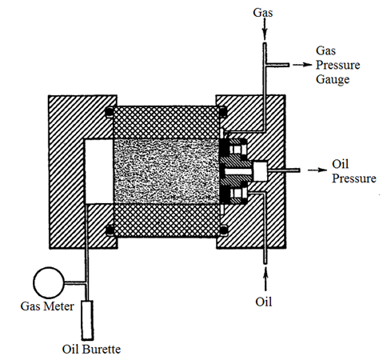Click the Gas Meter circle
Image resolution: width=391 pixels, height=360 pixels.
(x=49, y=282)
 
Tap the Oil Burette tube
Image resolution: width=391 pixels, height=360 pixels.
(x=87, y=320)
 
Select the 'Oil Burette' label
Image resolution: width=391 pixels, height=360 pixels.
(x=91, y=349)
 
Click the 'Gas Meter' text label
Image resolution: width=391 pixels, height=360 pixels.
(x=47, y=306)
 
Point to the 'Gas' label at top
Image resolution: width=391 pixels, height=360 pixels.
(x=263, y=13)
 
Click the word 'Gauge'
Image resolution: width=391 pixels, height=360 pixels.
(x=333, y=79)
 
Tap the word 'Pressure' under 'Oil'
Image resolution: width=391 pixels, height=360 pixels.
(x=354, y=178)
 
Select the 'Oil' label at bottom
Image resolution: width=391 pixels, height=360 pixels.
(x=264, y=302)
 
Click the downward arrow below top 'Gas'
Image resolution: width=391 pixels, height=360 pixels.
(x=264, y=30)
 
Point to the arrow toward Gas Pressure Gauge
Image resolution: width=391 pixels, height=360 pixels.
(x=302, y=65)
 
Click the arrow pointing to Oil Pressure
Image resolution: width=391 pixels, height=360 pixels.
(x=317, y=170)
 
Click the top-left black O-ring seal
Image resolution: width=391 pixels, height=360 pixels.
(x=110, y=112)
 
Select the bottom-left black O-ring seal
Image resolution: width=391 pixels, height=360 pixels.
(x=110, y=230)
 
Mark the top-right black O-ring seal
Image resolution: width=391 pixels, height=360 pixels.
(x=223, y=112)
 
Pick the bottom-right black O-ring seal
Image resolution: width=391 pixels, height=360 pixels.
(x=223, y=230)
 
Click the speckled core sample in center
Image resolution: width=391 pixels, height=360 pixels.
(x=166, y=171)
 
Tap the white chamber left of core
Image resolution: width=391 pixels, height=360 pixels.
(x=98, y=171)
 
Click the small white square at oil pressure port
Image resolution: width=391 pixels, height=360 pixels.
(x=260, y=171)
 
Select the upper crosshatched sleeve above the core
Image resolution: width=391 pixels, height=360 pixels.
(x=166, y=122)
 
